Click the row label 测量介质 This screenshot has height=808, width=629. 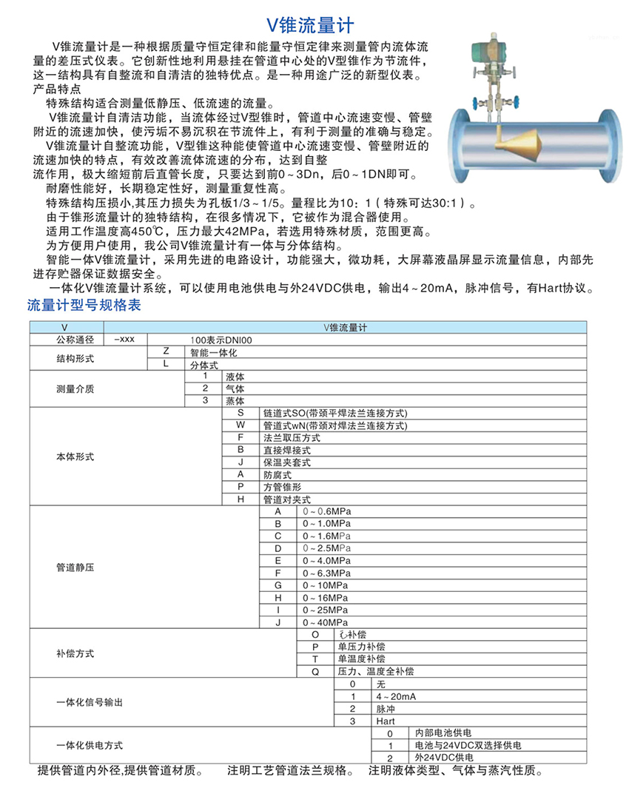(75, 388)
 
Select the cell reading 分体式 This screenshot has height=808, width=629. (203, 365)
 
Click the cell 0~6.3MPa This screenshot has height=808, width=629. (326, 573)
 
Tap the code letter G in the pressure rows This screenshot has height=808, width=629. (278, 585)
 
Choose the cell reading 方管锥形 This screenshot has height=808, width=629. (282, 487)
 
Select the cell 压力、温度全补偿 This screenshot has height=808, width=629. (375, 671)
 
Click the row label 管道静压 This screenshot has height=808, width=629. (75, 568)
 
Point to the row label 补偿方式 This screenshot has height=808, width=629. (75, 653)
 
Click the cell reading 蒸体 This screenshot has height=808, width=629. (235, 400)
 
